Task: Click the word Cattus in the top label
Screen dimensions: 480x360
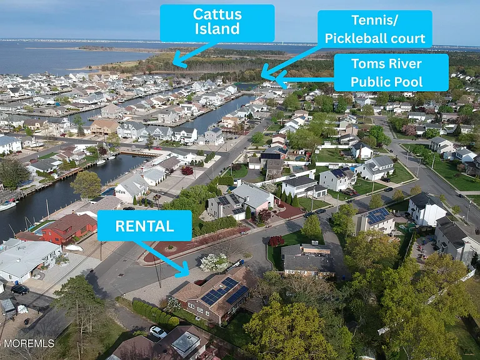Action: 217,14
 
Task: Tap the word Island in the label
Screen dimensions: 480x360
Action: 217,29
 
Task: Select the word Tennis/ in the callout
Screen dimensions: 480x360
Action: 375,20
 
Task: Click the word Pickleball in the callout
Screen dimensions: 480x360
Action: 355,39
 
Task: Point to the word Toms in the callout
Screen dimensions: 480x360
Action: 366,64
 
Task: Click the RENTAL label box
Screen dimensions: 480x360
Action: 144,226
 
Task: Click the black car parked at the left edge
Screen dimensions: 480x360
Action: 20,289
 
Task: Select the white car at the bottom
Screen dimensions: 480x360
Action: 158,332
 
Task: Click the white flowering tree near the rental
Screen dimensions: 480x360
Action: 214,262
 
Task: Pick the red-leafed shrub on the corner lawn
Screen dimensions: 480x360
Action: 276,241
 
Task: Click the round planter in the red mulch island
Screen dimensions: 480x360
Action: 170,248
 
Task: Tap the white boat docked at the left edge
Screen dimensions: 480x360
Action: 7,206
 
